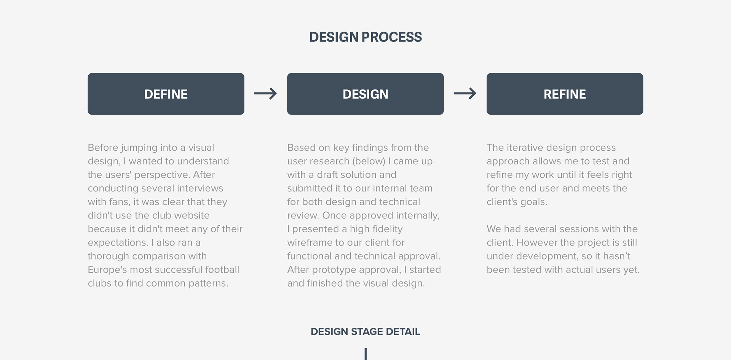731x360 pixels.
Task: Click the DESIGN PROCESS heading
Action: (365, 37)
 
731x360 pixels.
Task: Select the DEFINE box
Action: (166, 94)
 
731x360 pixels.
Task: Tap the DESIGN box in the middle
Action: (365, 94)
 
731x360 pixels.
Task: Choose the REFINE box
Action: (565, 94)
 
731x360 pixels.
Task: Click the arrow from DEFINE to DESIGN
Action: (265, 94)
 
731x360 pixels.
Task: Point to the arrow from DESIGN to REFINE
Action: (465, 94)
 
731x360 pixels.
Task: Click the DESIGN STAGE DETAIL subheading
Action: (365, 331)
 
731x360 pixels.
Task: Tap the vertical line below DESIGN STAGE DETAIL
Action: (365, 354)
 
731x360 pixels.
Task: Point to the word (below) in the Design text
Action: (369, 161)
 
